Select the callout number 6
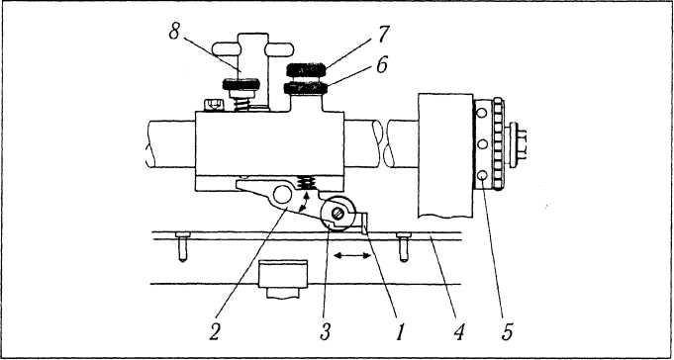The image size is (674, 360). [x=381, y=65]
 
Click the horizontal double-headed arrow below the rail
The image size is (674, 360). [x=352, y=255]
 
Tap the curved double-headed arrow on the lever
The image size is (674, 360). [x=305, y=203]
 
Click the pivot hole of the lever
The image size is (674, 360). [x=282, y=195]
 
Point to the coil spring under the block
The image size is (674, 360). [x=307, y=183]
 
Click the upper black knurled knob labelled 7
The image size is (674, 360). [x=306, y=69]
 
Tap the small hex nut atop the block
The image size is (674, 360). [x=214, y=105]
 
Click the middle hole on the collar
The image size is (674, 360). [x=482, y=144]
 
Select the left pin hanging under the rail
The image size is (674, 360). [x=183, y=246]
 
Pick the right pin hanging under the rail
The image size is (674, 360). [x=404, y=246]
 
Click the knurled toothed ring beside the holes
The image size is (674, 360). [x=498, y=144]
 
